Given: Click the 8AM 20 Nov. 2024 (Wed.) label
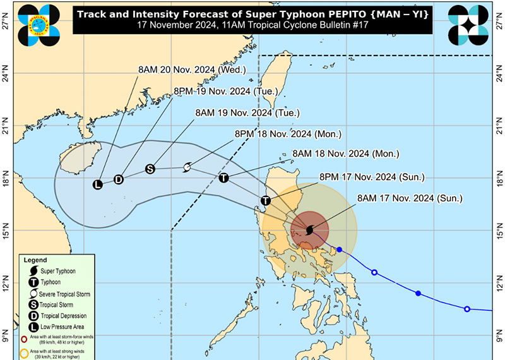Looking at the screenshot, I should click(x=192, y=70).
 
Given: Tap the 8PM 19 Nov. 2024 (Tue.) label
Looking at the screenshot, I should click(x=225, y=92).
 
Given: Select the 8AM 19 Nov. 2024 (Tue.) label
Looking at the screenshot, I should click(x=247, y=113).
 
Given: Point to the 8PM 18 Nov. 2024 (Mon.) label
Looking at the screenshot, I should click(x=288, y=134).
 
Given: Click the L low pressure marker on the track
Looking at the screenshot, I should click(x=97, y=185).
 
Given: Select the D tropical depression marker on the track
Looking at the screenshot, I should click(x=118, y=179).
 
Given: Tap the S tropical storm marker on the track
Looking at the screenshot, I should click(x=150, y=169).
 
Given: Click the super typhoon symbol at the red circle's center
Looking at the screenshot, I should click(x=309, y=230).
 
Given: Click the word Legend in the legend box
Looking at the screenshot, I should click(x=35, y=260).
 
